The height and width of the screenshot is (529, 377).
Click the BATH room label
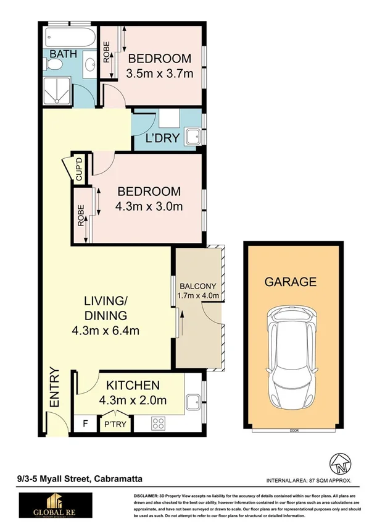tap(63, 54)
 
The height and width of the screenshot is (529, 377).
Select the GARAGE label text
tap(291, 282)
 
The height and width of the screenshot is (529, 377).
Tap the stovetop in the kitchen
tap(158, 423)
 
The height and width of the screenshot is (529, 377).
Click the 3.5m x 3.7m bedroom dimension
tap(160, 74)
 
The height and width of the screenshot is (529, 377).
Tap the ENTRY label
tap(54, 387)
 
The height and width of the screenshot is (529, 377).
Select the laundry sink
tap(194, 137)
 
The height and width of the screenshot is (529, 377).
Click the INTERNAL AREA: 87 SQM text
tap(309, 480)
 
